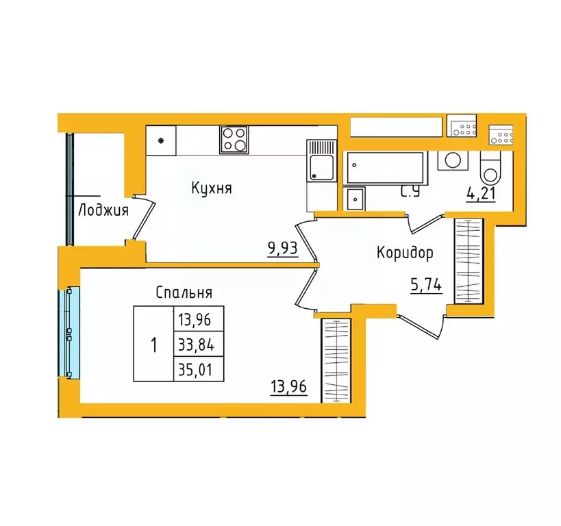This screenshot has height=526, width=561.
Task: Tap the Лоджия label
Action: pos(103,210)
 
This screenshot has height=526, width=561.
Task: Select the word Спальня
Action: pos(184,292)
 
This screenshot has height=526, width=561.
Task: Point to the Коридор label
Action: pos(405,253)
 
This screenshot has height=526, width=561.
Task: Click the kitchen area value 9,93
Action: pos(283,247)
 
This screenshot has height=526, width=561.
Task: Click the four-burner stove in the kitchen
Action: pos(234,139)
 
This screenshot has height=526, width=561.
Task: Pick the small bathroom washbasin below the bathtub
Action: pos(356,199)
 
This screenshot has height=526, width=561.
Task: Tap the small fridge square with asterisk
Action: pos(162,142)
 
